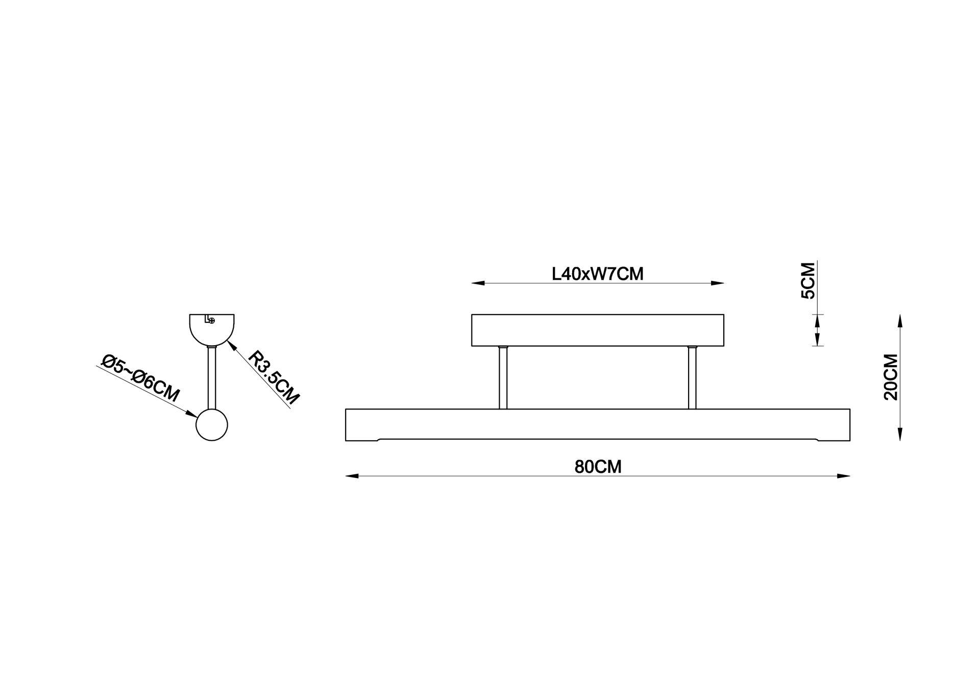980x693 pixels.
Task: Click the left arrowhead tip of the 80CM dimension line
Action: [x=346, y=476]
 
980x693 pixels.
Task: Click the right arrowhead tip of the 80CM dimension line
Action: [x=850, y=476]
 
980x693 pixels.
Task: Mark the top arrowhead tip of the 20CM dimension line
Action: [x=900, y=314]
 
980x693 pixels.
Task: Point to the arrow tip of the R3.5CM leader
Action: [x=227, y=341]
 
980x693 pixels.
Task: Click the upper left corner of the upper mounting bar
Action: [x=472, y=315]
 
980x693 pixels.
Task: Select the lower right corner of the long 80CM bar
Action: [x=850, y=441]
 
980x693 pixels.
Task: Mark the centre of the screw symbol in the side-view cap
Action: [x=212, y=321]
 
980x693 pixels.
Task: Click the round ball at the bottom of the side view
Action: [x=212, y=425]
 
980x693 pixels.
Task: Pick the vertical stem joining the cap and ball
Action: [x=212, y=378]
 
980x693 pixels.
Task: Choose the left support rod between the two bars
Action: [x=503, y=377]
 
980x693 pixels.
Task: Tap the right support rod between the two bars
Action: [x=692, y=377]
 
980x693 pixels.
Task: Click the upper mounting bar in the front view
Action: [x=598, y=330]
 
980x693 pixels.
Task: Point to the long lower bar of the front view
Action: [x=598, y=425]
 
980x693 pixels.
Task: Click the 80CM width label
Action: [x=598, y=467]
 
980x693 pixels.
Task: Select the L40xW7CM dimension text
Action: [x=598, y=274]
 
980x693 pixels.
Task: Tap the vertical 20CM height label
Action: [x=891, y=377]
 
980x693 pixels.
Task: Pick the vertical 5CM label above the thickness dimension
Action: [x=808, y=281]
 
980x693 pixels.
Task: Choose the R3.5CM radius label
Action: [x=274, y=378]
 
